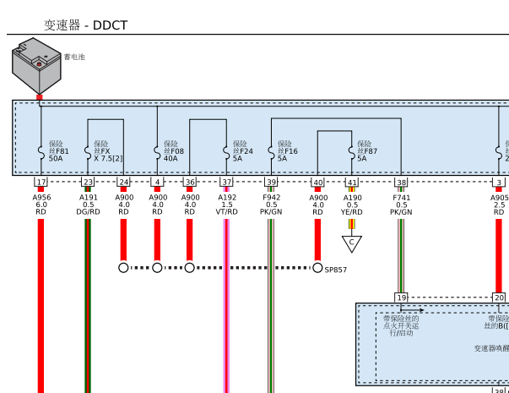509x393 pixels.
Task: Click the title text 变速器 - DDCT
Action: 85,25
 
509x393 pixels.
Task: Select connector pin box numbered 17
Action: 41,182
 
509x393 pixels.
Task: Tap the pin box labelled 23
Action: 88,182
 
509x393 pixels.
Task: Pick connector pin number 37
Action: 226,182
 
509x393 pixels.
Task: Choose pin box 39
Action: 271,182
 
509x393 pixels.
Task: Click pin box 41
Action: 352,182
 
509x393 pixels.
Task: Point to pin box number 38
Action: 401,182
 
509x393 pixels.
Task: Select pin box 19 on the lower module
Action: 401,297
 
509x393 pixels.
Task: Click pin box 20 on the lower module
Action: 499,297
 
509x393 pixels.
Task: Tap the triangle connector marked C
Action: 351,243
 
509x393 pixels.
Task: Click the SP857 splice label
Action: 335,270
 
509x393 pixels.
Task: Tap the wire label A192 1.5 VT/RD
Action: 226,205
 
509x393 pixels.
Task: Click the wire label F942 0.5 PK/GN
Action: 271,205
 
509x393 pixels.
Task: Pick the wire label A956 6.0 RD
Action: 41,205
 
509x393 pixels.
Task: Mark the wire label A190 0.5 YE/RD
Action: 352,205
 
